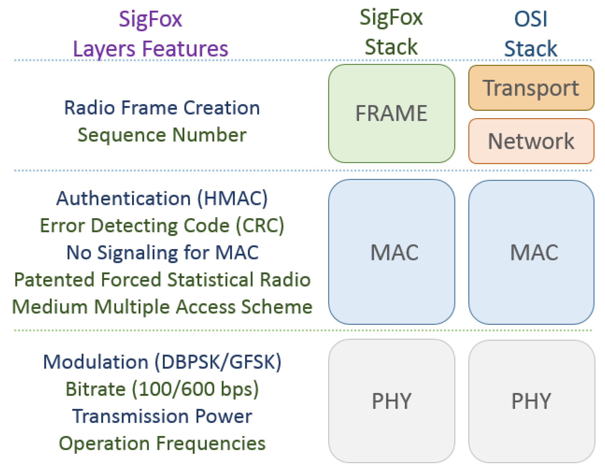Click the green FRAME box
[391, 113]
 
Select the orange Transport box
[531, 88]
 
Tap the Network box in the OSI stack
[531, 141]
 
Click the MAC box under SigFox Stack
[391, 252]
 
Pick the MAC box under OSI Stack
[531, 252]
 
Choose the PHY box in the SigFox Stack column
[391, 401]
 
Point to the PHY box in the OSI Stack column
[531, 401]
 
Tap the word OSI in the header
[531, 19]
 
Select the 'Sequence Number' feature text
[162, 135]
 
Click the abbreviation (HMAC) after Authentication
[232, 198]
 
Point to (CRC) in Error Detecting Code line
[260, 225]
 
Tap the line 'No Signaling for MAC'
[163, 253]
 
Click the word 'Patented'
[54, 280]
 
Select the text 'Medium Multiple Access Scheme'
[162, 307]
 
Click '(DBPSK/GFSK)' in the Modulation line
[218, 362]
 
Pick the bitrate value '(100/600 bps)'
[195, 389]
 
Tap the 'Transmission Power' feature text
[162, 416]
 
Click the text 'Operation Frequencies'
[162, 443]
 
